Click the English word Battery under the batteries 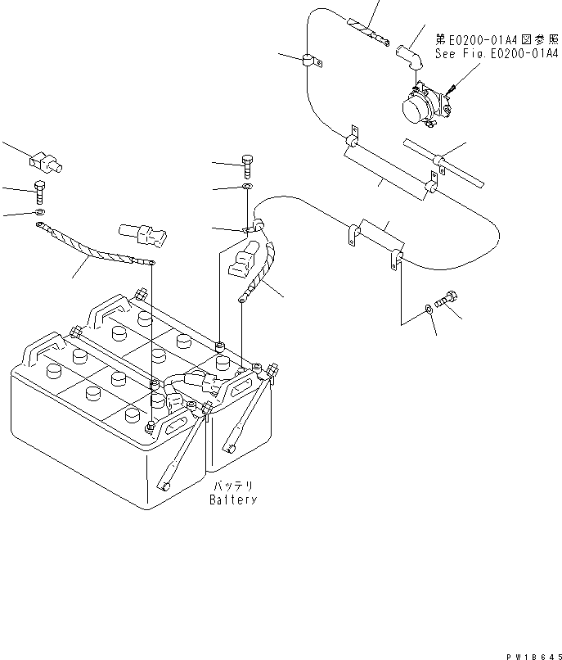[x=232, y=500]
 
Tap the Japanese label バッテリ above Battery [x=232, y=486]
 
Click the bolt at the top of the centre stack [x=247, y=165]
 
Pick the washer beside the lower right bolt [x=429, y=310]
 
